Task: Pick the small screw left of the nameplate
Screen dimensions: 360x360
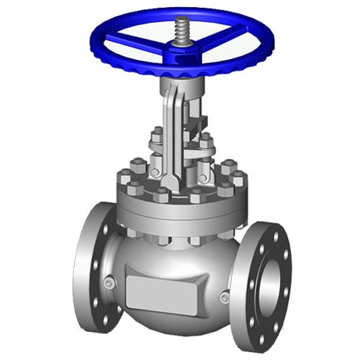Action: pos(109,283)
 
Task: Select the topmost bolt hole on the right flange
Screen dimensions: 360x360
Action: pos(271,233)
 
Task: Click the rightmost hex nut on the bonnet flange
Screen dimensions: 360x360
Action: pos(238,177)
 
